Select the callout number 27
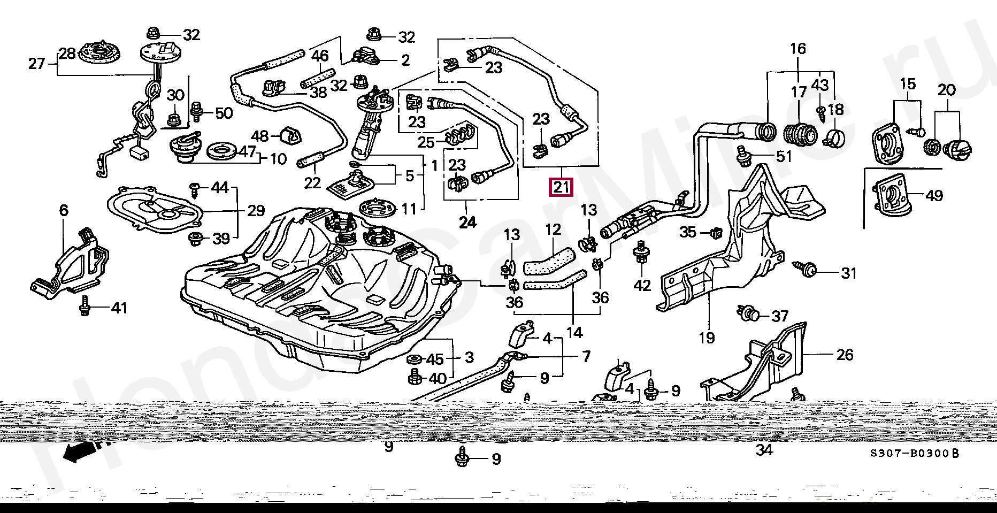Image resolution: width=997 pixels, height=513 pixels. tap(37, 64)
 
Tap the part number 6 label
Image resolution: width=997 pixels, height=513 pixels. tap(64, 210)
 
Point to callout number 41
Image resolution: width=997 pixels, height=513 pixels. tap(119, 308)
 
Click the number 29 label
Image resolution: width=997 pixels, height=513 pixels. tap(256, 210)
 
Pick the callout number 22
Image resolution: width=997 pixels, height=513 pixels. tap(312, 183)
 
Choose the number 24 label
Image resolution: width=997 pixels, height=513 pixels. tap(467, 222)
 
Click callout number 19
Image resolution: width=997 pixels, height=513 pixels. tap(706, 338)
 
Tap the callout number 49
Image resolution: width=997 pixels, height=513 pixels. tap(934, 196)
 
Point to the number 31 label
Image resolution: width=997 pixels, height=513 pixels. tap(848, 273)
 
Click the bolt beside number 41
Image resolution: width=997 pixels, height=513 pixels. tap(85, 308)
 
